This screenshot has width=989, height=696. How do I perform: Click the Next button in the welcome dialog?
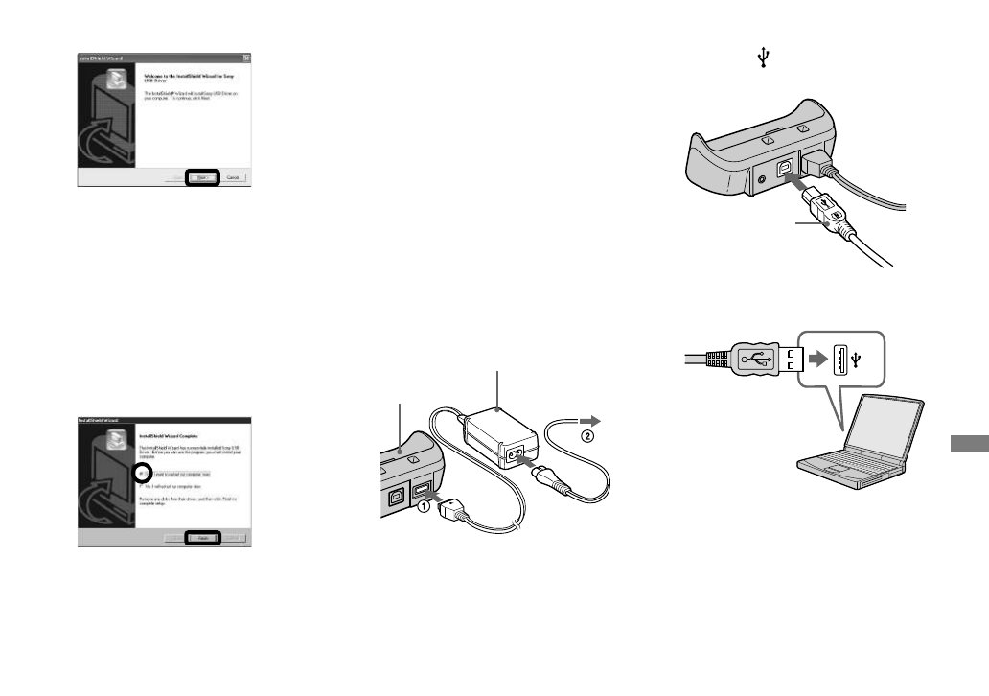click(x=202, y=177)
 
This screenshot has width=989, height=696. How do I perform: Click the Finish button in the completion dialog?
click(x=202, y=539)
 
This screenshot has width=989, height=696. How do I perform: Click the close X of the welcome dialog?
click(x=247, y=58)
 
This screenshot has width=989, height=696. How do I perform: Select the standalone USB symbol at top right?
click(x=764, y=59)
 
